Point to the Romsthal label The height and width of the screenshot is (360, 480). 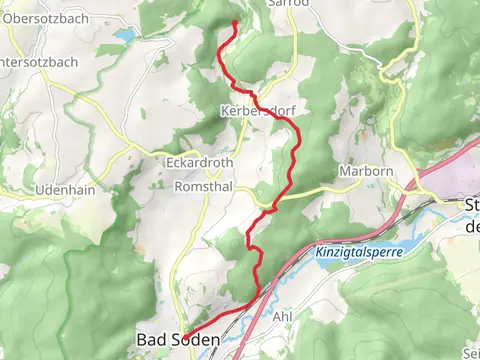(203, 187)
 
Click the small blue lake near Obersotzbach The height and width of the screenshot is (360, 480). (123, 36)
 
